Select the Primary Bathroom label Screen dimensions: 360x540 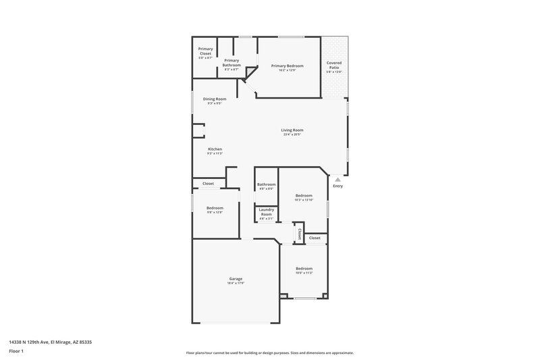232,62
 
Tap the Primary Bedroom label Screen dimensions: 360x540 287,66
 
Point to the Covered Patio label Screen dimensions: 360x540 333,66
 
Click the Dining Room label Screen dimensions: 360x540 215,99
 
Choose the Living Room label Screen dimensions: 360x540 292,130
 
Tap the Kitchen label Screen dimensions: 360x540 215,149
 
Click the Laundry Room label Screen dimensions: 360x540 266,212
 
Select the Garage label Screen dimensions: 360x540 235,279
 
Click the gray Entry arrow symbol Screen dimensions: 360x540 337,179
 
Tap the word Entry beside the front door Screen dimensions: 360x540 337,186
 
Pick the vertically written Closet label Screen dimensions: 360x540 299,233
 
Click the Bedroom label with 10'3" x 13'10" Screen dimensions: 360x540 304,195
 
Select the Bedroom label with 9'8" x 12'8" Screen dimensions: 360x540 215,208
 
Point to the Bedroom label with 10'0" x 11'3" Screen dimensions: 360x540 304,269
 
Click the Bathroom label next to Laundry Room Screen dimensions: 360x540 266,184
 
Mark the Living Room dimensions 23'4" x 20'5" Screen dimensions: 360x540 292,134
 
